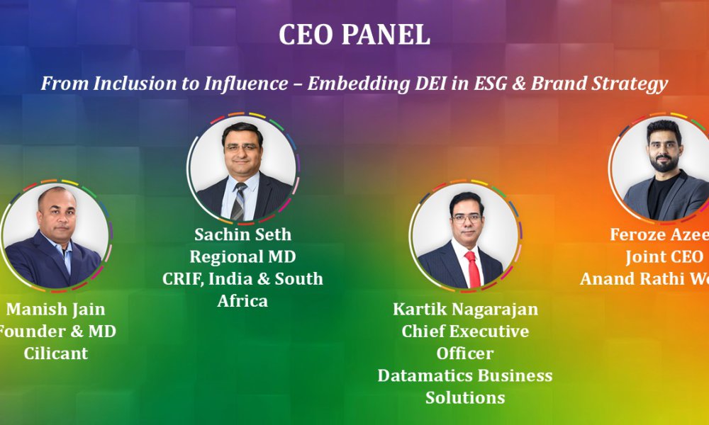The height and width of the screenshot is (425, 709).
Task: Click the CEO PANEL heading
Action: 354,35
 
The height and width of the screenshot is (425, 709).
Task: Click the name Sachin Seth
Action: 242,234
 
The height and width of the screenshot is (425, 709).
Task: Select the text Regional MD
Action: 242,256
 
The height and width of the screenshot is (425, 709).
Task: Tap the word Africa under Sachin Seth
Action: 242,300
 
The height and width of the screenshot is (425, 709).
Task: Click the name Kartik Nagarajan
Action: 465,310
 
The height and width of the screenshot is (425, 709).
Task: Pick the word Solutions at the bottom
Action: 465,397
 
